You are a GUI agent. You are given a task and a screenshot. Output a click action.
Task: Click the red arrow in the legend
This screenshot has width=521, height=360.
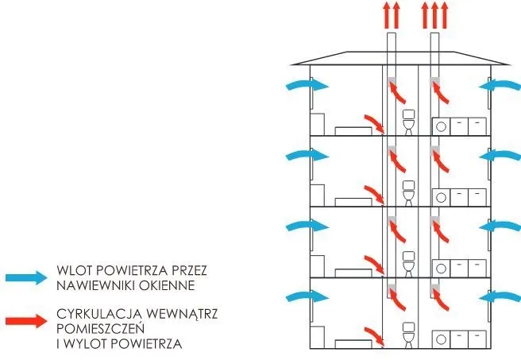[26, 321]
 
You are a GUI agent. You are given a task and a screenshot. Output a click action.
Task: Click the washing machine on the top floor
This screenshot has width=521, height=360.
[441, 126]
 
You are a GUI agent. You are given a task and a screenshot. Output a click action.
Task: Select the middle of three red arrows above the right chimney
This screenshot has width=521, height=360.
[434, 16]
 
